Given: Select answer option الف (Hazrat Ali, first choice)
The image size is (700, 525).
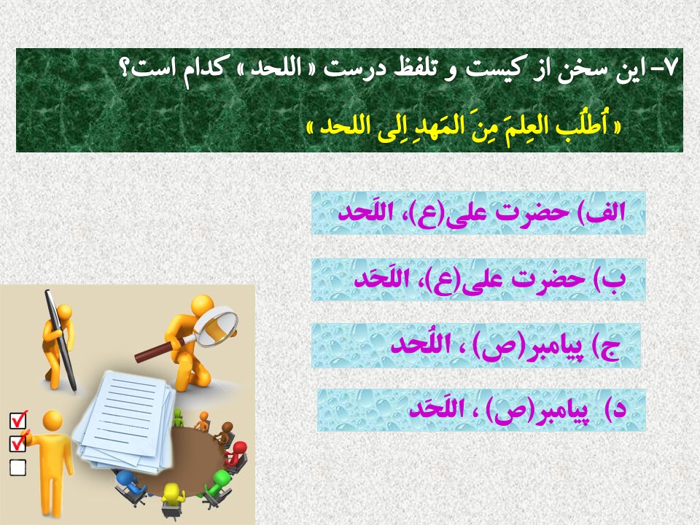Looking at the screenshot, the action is coord(478,213).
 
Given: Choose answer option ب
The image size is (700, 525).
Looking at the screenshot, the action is coord(478,279).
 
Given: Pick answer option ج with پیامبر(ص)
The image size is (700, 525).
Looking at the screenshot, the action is coord(476,346).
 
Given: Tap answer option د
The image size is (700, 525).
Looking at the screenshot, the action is coord(481,410).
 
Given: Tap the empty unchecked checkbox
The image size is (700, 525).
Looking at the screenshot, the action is coord(17,467).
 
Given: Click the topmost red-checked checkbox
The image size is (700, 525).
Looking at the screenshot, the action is coord(17,420).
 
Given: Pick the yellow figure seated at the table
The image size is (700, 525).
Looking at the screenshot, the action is coord(173,499).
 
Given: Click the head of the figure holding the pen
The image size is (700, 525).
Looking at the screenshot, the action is coord(65,311).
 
